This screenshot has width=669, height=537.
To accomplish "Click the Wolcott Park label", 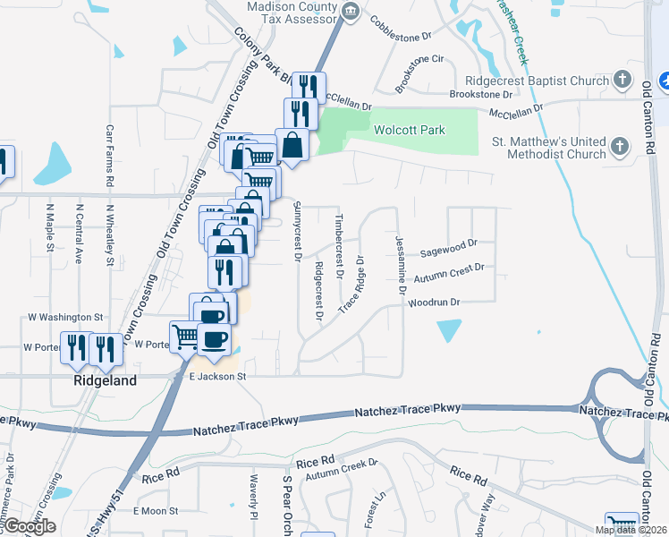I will [x=409, y=130].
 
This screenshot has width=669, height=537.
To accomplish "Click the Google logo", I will [x=29, y=526].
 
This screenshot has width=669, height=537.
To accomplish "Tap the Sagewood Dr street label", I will [x=449, y=243].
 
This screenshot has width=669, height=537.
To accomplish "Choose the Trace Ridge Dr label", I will [x=352, y=286].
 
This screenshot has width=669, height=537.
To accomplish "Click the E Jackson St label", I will [x=216, y=378].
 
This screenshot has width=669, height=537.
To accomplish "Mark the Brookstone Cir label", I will [x=414, y=61].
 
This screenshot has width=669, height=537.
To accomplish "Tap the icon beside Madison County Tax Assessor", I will [x=351, y=13].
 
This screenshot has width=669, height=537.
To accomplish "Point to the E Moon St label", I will [x=156, y=511].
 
